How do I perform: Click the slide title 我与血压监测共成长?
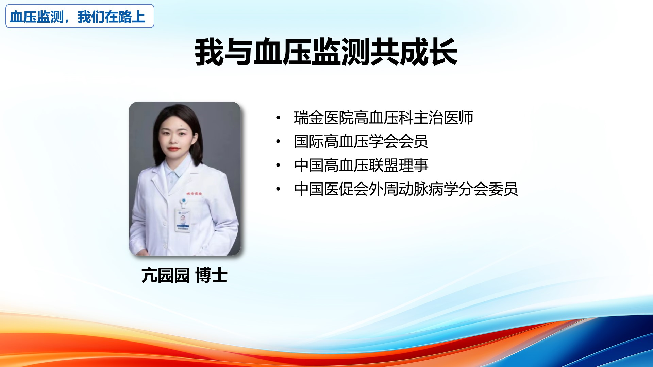(326, 52)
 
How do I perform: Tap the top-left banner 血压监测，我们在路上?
(80, 16)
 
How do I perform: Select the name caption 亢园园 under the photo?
(166, 275)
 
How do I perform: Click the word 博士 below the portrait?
(212, 275)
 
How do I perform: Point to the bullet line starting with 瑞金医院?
(384, 118)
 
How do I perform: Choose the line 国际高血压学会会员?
(361, 141)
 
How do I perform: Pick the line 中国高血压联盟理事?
(361, 165)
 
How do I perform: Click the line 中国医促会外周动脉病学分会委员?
(406, 189)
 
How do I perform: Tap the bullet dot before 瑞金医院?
(278, 118)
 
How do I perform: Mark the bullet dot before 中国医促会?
(278, 189)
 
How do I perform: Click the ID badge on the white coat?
(183, 220)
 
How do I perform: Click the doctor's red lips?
(173, 149)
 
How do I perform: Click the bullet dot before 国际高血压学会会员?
(278, 141)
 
